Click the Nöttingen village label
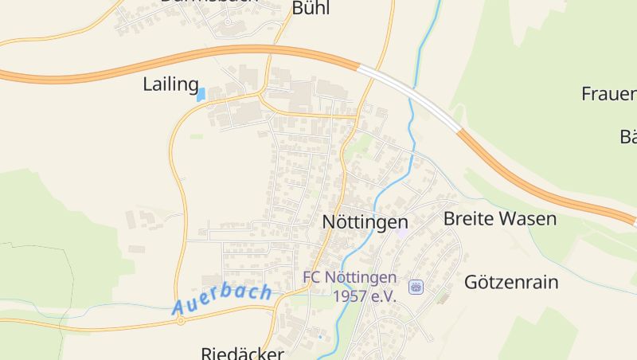tap(365, 222)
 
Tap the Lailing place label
tap(170, 84)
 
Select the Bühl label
tap(311, 9)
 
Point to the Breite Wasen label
tap(499, 218)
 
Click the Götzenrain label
tap(511, 282)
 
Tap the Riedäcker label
tap(242, 353)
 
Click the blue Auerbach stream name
tap(222, 297)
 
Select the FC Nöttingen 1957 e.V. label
tap(350, 287)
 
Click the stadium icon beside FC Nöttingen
tap(415, 287)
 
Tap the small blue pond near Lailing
tap(201, 94)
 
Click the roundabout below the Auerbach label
tap(181, 321)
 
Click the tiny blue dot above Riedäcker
tap(320, 337)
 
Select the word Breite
tap(468, 218)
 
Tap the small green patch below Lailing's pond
tap(196, 136)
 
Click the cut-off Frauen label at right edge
tap(608, 94)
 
